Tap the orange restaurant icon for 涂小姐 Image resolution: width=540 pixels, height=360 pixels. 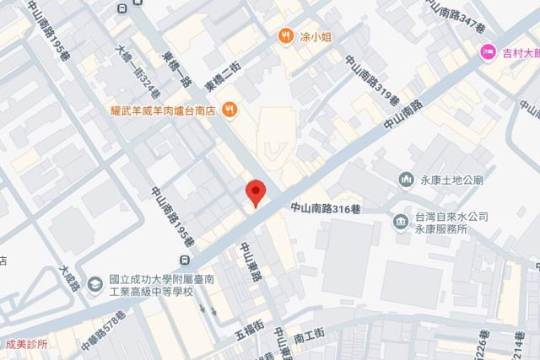pyautogui.click(x=286, y=36)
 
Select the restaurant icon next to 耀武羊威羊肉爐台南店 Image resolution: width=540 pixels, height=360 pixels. pyautogui.click(x=229, y=110)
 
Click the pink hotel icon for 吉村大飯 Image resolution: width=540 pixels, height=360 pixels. pyautogui.click(x=487, y=53)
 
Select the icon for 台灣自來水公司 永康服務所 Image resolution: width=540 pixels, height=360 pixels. pyautogui.click(x=400, y=221)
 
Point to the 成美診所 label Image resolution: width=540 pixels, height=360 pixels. pyautogui.click(x=24, y=344)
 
